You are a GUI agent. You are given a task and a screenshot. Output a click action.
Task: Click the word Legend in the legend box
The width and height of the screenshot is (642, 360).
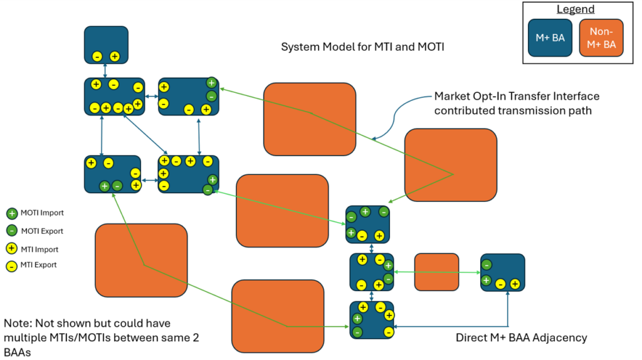pos(574,10)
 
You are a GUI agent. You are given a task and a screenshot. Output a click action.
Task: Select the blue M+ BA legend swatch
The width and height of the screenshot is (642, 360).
pos(550,38)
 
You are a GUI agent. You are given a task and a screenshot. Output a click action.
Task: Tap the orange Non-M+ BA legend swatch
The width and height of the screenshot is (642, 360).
pos(601,38)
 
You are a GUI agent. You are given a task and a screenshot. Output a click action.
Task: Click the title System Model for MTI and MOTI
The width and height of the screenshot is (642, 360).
pos(362,47)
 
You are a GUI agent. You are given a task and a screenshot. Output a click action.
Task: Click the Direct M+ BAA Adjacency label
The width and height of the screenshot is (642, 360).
pos(521,338)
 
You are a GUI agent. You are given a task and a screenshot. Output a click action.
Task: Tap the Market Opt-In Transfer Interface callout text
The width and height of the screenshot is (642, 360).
pos(517,103)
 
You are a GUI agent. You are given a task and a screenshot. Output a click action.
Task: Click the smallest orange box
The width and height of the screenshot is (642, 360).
pos(436,272)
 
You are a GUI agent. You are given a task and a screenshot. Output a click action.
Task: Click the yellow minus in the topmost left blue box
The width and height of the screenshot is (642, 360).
pos(97,56)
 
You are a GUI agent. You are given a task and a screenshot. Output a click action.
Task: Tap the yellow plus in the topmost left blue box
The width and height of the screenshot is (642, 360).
pos(115,56)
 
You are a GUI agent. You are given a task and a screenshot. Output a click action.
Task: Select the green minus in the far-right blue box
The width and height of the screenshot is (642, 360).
pos(487,265)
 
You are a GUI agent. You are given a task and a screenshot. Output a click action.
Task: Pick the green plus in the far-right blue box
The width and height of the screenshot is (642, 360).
pos(486,280)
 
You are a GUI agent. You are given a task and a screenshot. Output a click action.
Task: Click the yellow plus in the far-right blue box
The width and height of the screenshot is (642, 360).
pos(515,284)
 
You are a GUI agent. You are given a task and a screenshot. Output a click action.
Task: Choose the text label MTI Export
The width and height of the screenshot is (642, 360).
pos(39,265)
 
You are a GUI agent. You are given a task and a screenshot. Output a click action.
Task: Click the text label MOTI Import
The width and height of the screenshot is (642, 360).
pos(42,213)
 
